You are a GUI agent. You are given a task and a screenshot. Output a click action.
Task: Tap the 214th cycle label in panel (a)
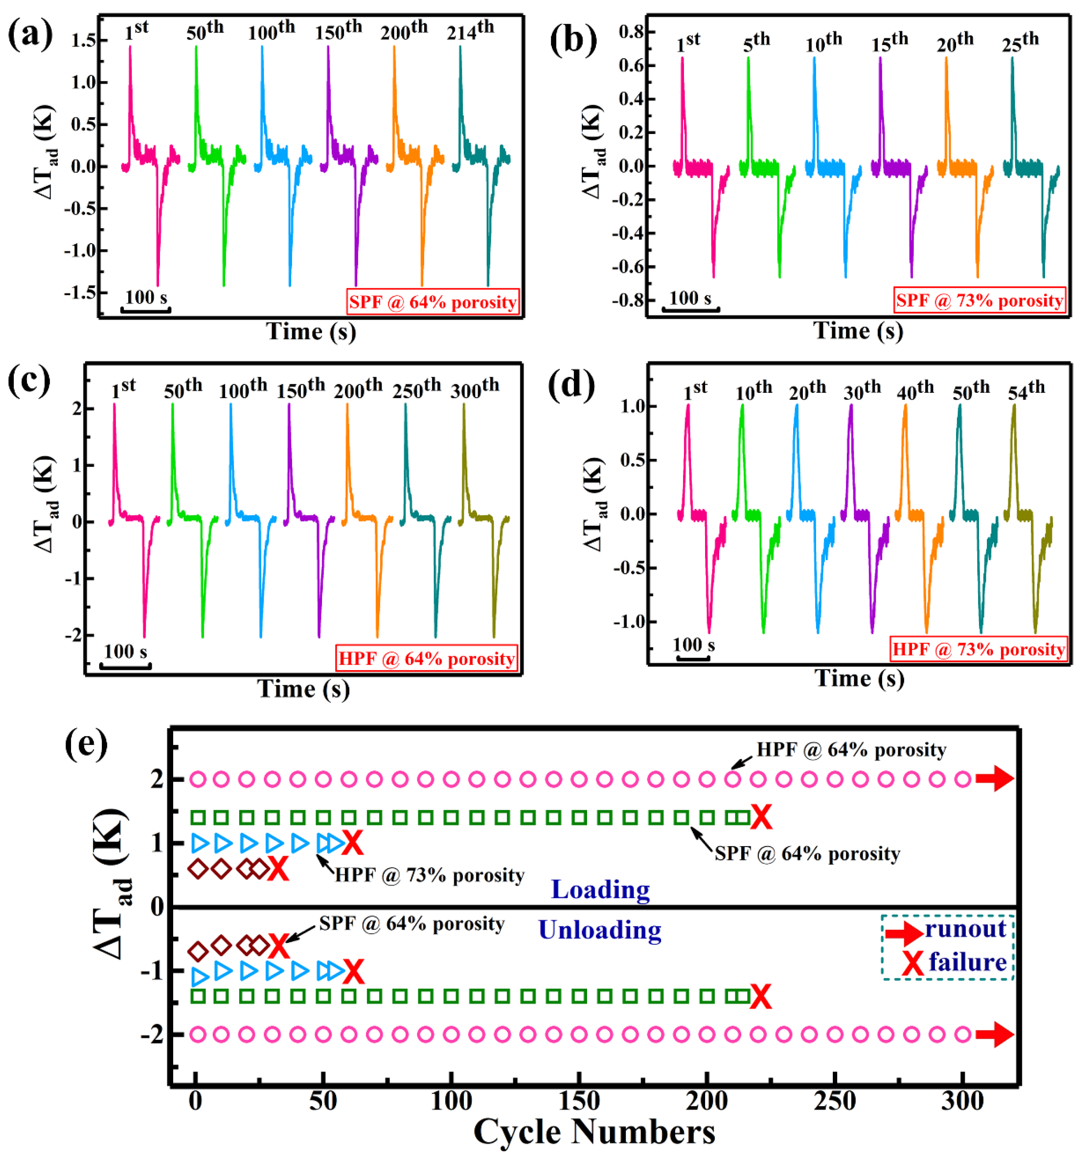(470, 30)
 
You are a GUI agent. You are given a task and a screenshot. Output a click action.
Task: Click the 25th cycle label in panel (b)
(1020, 42)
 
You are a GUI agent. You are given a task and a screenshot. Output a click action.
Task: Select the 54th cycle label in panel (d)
(1026, 390)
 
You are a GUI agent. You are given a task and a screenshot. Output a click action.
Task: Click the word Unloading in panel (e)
(600, 930)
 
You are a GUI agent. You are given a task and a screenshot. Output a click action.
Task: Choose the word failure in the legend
(968, 962)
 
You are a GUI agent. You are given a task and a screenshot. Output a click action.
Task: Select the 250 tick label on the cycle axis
(834, 1101)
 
